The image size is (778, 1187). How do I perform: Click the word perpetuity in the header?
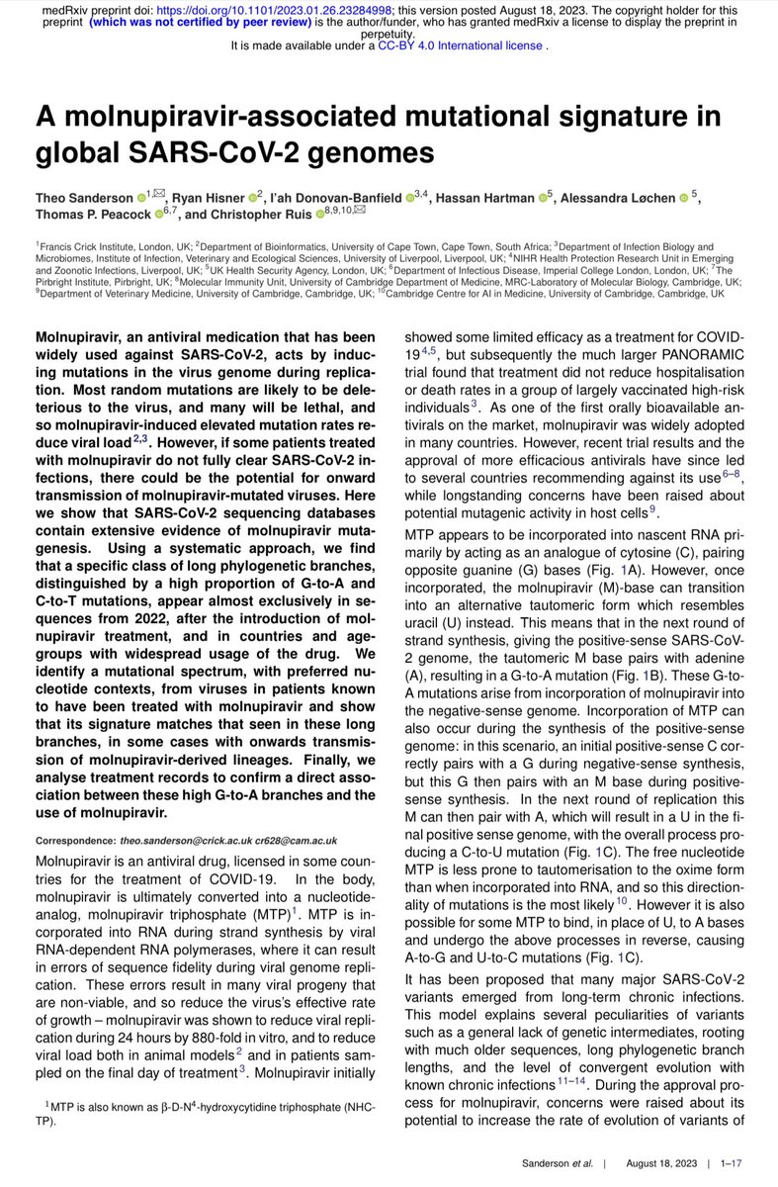click(x=389, y=32)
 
